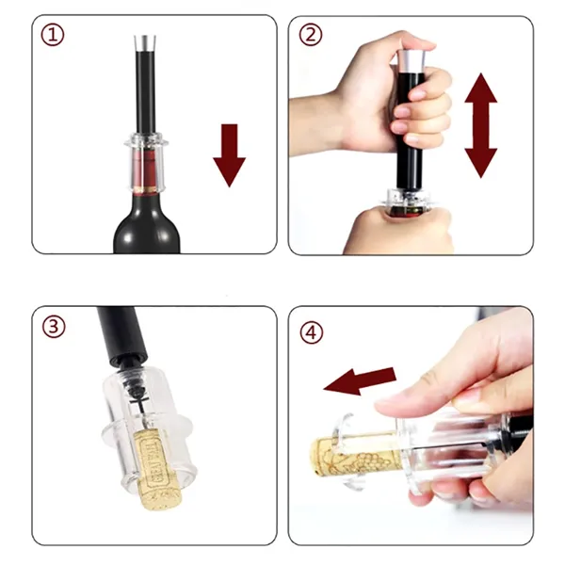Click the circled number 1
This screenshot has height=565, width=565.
[x=53, y=35]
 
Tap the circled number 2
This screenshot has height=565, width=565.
[x=311, y=35]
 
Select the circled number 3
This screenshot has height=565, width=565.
[x=54, y=327]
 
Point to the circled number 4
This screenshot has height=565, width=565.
[x=312, y=332]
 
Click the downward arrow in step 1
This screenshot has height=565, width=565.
[x=230, y=155]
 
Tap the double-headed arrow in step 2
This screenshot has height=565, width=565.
[x=481, y=125]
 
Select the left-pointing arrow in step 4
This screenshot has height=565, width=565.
[x=360, y=381]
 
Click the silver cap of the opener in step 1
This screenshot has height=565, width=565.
[x=145, y=43]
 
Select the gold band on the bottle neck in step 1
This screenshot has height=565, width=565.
[x=145, y=189]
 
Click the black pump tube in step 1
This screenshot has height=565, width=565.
[x=145, y=93]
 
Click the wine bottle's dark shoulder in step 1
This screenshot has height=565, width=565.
[x=147, y=231]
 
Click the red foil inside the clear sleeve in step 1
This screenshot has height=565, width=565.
[x=145, y=169]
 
